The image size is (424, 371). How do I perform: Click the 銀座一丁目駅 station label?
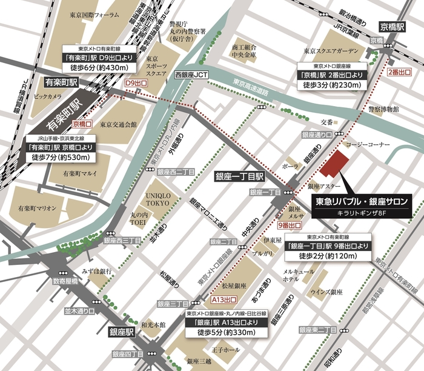coord(240,176)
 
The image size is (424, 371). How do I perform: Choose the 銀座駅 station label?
coord(121,333)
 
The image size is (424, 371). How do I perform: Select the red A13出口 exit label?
coord(224,300)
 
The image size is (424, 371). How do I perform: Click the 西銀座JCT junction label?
coord(191,76)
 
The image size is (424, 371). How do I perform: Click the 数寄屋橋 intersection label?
coord(65,281)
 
